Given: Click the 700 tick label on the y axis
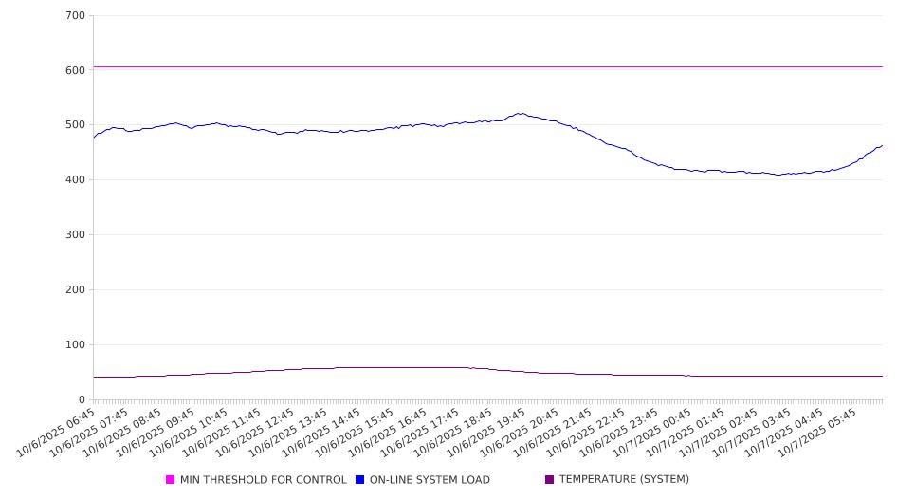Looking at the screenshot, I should click(x=75, y=16).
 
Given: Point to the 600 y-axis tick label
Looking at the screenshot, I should click(x=75, y=70).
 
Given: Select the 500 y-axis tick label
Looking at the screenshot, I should click(x=75, y=125).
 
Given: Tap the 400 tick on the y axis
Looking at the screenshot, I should click(x=75, y=180).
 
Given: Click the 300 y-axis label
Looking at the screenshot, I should click(x=75, y=235).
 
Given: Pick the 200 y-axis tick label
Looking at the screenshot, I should click(x=75, y=290).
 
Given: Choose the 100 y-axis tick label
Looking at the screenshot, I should click(x=75, y=345).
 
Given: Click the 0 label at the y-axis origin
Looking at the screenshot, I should click(x=82, y=400).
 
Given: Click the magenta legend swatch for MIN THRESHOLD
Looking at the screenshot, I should click(x=171, y=480).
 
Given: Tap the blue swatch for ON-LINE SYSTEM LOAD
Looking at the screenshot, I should click(x=360, y=480).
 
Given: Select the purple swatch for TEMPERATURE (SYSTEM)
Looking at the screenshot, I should click(x=550, y=480).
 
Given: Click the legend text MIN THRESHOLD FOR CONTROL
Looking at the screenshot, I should click(x=263, y=480).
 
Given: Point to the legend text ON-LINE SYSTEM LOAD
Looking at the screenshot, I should click(x=430, y=480).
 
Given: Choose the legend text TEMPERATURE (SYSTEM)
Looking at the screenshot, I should click(x=624, y=480).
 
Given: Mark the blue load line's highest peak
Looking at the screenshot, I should click(x=520, y=114).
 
